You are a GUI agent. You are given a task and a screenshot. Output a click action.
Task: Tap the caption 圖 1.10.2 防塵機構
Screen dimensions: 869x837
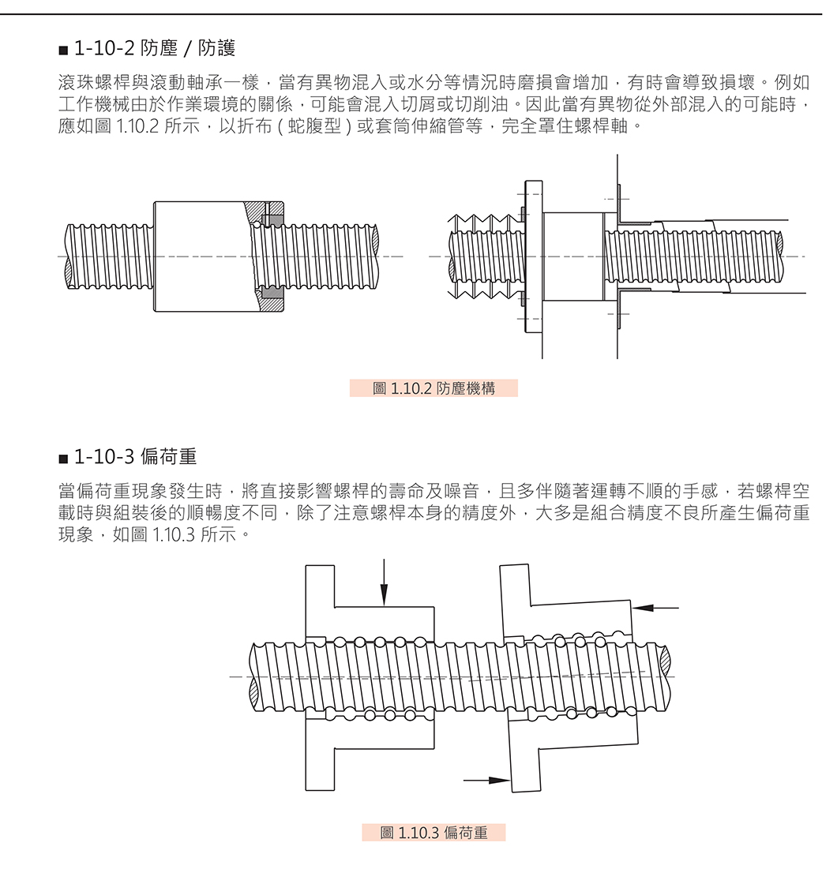[434, 388]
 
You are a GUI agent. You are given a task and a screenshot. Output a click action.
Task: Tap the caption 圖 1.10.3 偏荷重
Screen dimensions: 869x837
[434, 833]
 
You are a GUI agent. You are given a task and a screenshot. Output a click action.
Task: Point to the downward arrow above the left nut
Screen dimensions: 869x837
[384, 584]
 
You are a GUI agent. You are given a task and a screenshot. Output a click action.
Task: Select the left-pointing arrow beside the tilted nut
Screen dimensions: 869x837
[656, 608]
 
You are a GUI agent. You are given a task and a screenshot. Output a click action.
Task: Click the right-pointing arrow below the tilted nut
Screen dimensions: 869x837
[486, 780]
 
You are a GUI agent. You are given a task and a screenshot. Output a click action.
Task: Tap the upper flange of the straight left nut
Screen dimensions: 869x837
[320, 600]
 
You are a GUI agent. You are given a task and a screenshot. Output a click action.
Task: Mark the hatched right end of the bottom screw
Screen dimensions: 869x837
[663, 677]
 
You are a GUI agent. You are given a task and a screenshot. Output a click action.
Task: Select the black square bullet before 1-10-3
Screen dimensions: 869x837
[63, 458]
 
